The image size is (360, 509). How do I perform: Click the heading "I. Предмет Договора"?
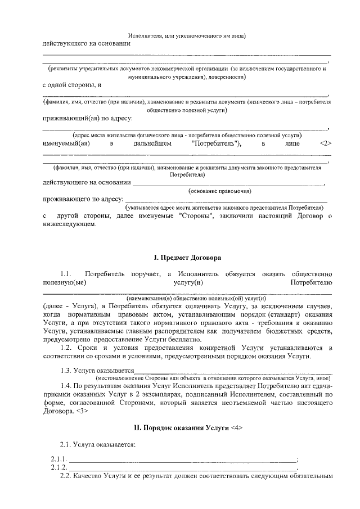(187, 257)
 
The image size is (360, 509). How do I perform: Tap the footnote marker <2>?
(325, 143)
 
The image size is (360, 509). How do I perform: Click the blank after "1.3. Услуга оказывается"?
(233, 371)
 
